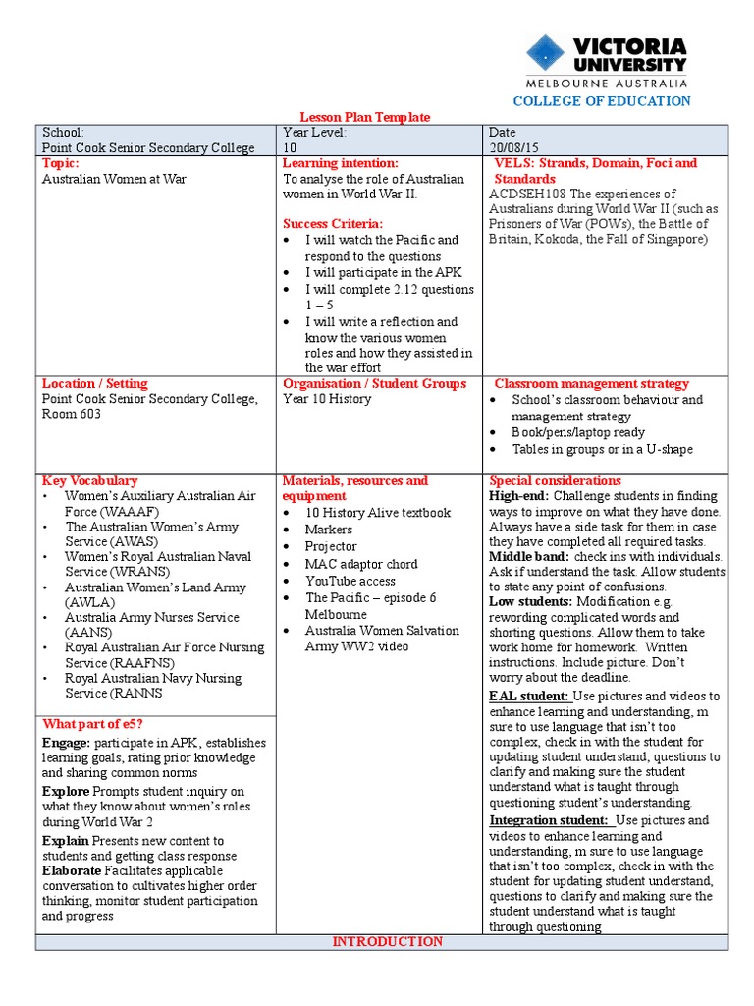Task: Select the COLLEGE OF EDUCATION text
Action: click(x=603, y=101)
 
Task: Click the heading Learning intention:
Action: click(x=340, y=163)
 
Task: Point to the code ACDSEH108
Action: click(x=527, y=195)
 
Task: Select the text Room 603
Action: click(x=72, y=415)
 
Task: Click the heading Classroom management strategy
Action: click(x=591, y=383)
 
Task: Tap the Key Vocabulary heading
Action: click(x=89, y=480)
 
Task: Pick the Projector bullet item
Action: click(x=331, y=546)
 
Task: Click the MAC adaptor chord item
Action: click(x=361, y=564)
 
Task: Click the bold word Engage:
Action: click(x=67, y=743)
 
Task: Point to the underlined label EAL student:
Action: click(x=528, y=697)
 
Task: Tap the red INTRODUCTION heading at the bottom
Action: click(x=387, y=941)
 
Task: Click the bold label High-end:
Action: click(x=520, y=496)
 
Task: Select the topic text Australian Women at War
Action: click(x=114, y=179)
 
